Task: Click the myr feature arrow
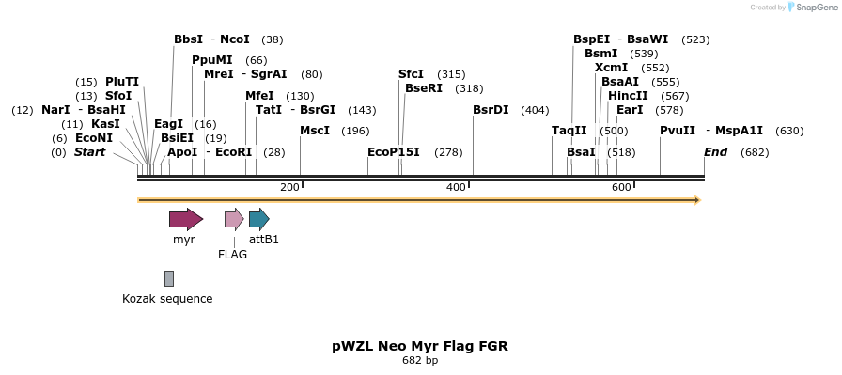click(185, 219)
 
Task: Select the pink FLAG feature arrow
click(234, 219)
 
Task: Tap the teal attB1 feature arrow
click(258, 219)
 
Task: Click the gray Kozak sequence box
click(169, 278)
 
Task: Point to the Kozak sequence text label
click(167, 299)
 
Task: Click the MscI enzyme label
click(315, 131)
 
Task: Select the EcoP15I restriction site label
click(394, 152)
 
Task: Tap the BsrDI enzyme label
click(491, 110)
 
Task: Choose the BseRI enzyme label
click(424, 88)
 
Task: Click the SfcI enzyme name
click(411, 74)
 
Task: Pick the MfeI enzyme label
click(259, 96)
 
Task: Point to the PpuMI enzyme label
click(212, 60)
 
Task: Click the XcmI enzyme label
click(612, 68)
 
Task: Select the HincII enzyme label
click(628, 96)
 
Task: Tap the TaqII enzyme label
click(569, 131)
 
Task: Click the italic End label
click(715, 152)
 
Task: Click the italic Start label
click(90, 152)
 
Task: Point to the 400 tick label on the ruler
click(456, 188)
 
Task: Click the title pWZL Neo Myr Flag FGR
click(420, 346)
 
